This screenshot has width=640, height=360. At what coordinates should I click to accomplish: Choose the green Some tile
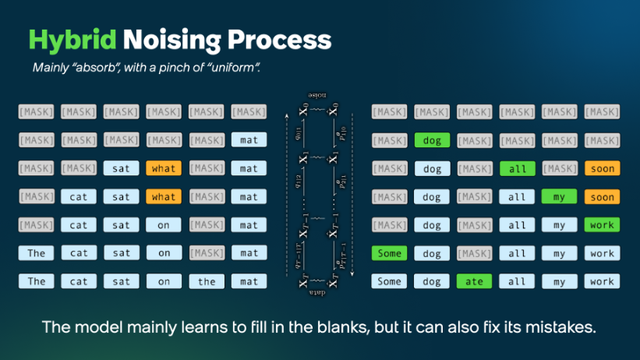click(x=390, y=254)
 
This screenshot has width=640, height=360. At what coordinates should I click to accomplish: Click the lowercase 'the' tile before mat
click(x=206, y=282)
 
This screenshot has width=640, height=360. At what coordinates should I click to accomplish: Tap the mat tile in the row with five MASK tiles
click(x=248, y=141)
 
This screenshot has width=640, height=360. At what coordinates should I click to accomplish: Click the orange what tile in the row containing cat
click(x=164, y=197)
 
